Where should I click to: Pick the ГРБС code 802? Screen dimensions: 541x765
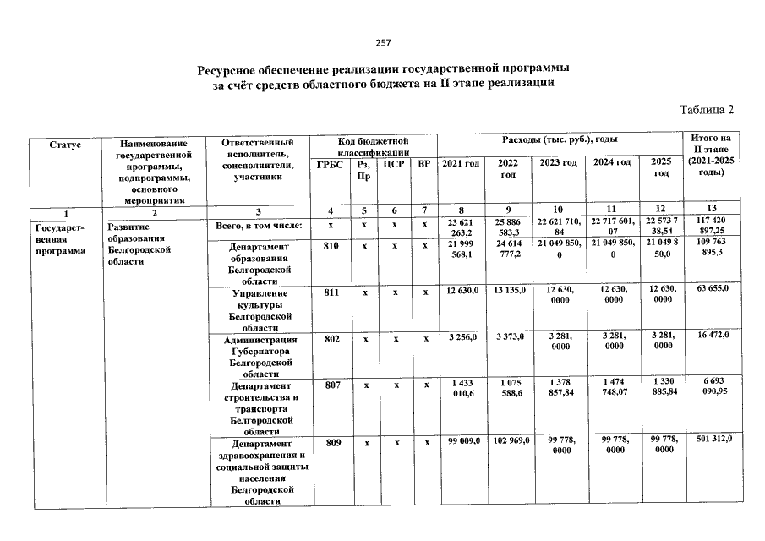coord(331,338)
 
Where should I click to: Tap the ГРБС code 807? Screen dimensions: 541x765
coord(331,384)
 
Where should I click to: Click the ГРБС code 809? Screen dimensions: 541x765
coord(331,442)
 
